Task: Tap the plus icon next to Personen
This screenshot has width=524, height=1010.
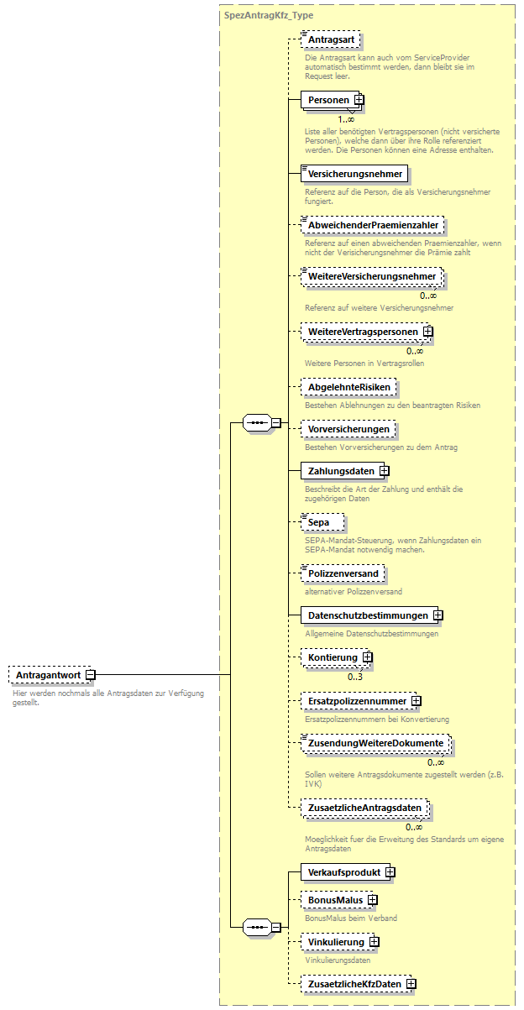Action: tap(359, 100)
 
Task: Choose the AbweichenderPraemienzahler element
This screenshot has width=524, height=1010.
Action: tap(372, 225)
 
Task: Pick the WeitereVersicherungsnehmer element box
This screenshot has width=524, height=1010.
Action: tap(371, 276)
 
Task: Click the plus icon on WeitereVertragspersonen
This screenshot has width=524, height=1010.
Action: tap(428, 332)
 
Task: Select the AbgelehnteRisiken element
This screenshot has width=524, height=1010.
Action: tap(348, 387)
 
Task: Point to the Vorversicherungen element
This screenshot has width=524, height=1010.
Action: tap(348, 429)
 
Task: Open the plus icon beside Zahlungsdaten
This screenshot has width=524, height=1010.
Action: tap(384, 471)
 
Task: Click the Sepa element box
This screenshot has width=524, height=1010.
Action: tap(322, 522)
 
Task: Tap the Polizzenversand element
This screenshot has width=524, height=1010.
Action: tap(343, 573)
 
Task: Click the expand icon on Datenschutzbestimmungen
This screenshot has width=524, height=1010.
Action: tap(438, 615)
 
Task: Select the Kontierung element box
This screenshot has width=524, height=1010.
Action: tap(331, 657)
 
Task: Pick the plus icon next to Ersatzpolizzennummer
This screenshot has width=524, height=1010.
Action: tap(416, 700)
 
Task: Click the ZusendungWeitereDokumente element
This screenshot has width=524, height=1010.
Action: tap(375, 743)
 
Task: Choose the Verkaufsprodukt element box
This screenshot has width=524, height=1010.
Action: tap(343, 872)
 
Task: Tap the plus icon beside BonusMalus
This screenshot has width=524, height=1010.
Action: tap(372, 901)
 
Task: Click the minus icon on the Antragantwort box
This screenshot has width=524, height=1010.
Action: tap(90, 674)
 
